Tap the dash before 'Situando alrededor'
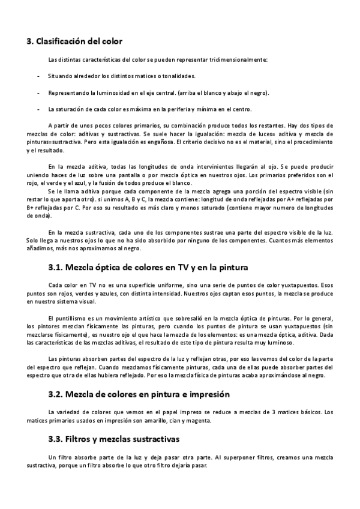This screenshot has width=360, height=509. coord(38,76)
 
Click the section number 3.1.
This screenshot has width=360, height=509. coord(58,266)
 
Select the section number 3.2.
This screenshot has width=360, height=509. coord(58,394)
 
